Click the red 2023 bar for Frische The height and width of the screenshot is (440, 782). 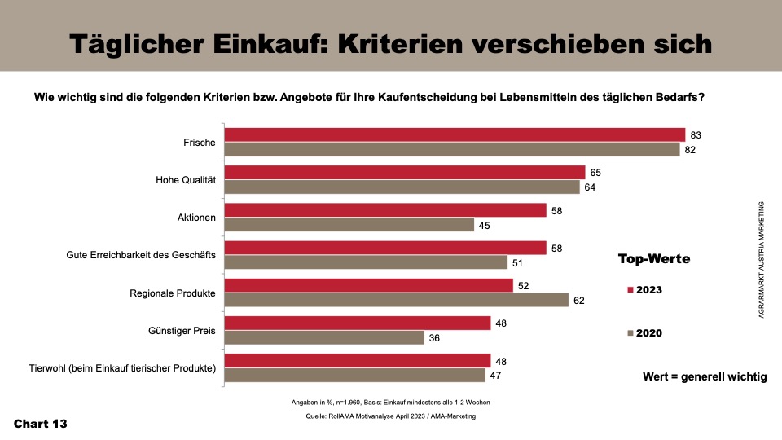click(455, 134)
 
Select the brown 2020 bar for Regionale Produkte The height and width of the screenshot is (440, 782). click(396, 300)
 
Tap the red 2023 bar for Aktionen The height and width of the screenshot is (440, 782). click(385, 210)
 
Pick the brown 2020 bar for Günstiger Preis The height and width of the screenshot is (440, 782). click(324, 337)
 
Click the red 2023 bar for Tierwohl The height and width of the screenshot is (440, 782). click(358, 360)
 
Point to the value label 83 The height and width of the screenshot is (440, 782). click(696, 134)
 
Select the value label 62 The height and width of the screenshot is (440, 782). click(579, 300)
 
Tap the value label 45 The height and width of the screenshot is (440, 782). click(485, 225)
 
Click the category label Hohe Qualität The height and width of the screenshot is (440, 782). click(185, 180)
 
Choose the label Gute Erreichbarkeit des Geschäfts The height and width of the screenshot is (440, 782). click(140, 255)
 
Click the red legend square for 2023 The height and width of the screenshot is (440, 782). click(630, 289)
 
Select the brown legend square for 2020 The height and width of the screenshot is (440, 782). click(630, 332)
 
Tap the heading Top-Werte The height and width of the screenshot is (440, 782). click(654, 259)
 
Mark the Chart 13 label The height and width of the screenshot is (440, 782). click(40, 424)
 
